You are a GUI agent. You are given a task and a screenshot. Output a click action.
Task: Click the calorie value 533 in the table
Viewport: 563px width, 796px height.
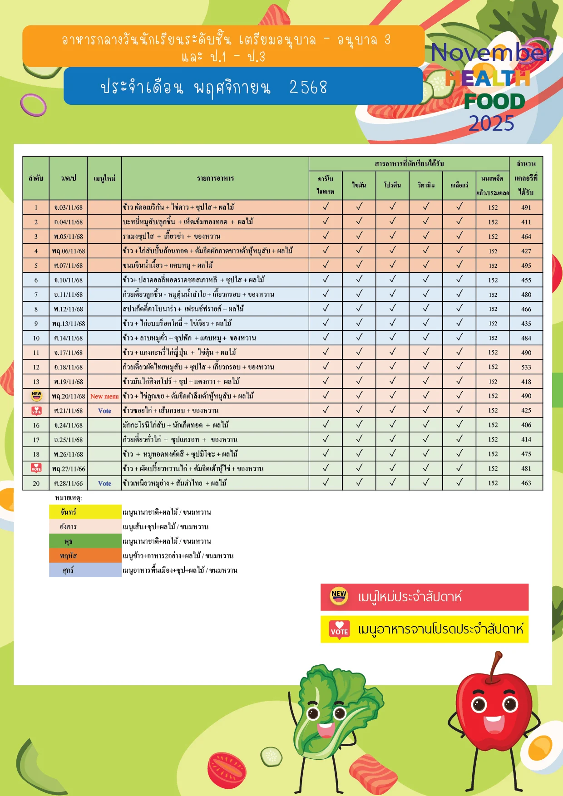tap(526, 367)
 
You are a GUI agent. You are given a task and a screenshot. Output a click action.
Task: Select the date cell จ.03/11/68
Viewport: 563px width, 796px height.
tap(68, 207)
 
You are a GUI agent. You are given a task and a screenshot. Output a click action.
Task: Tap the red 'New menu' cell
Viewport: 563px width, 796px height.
tap(104, 396)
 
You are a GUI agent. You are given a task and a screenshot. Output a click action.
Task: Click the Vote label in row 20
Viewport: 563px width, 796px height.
tap(104, 483)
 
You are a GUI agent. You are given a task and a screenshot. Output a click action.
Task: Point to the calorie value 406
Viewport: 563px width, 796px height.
tap(526, 425)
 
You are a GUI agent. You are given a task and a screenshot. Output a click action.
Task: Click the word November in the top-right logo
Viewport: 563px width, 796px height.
tap(491, 53)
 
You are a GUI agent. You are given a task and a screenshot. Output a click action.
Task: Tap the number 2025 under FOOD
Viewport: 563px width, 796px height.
tap(491, 123)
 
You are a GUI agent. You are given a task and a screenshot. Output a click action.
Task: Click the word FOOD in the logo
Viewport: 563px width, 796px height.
tap(494, 102)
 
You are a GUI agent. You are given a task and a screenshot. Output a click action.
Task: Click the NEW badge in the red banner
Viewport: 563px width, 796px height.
tap(339, 596)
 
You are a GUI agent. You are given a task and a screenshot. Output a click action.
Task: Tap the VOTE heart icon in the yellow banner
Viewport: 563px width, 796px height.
tap(339, 629)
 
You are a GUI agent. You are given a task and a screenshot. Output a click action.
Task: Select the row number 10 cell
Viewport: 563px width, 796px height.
tap(36, 338)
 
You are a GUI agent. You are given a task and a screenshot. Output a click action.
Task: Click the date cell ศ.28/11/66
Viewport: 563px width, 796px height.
tap(68, 483)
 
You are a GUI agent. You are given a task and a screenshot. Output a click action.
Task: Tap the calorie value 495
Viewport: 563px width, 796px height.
tap(526, 265)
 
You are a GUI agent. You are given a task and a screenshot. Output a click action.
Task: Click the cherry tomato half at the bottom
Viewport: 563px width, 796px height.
tap(227, 770)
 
